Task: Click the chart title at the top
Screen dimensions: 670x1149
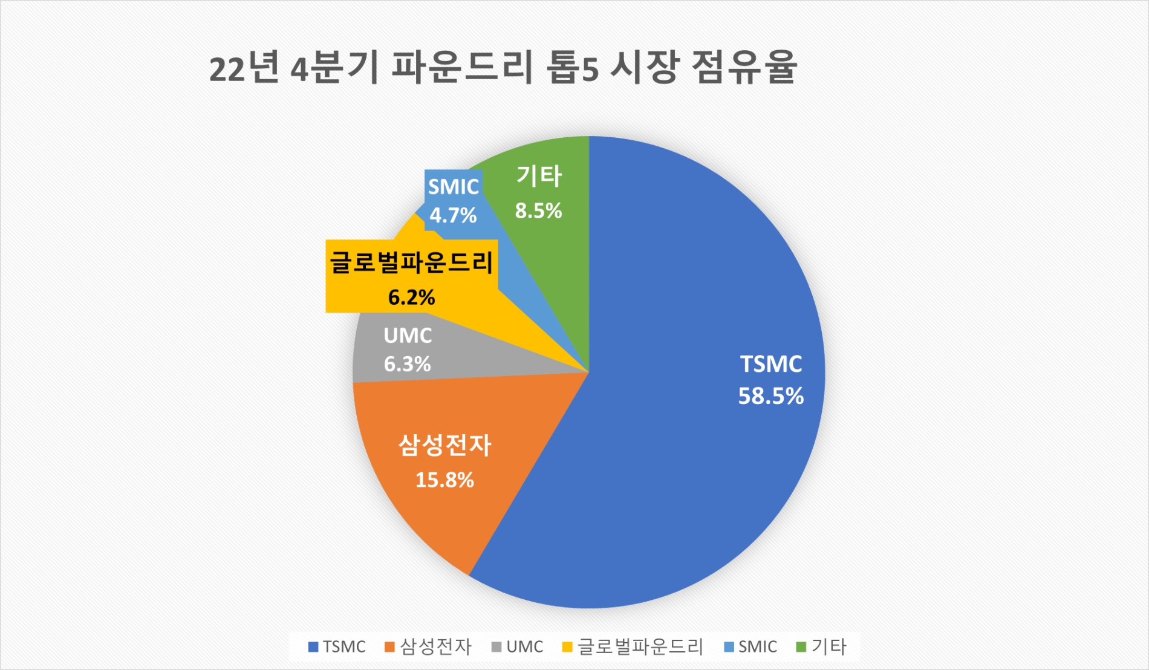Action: click(x=503, y=68)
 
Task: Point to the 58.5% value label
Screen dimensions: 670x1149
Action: click(x=771, y=396)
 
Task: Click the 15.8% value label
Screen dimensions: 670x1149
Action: click(x=444, y=480)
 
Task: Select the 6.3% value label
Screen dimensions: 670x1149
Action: click(x=408, y=364)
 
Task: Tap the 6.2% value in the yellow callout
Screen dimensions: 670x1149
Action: click(x=412, y=298)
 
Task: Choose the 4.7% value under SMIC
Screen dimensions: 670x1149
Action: click(x=453, y=215)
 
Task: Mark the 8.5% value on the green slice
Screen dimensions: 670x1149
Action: click(x=538, y=211)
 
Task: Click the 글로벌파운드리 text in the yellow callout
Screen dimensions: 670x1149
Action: click(x=412, y=263)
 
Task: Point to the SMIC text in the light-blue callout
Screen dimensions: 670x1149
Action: click(x=454, y=187)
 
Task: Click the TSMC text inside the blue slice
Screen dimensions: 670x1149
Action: click(x=771, y=364)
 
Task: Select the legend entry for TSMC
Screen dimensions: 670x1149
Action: click(x=337, y=647)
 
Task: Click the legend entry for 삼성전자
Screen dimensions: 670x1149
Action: click(x=428, y=647)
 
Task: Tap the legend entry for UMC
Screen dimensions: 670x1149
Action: click(x=518, y=647)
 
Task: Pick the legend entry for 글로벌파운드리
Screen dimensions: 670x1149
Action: click(x=633, y=647)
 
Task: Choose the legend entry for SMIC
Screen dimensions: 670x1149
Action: click(x=750, y=647)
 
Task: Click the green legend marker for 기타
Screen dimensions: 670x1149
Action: click(x=801, y=647)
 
